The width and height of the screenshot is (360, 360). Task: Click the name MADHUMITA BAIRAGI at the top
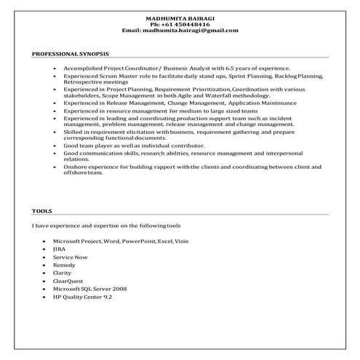180,17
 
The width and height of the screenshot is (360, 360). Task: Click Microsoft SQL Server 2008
95,289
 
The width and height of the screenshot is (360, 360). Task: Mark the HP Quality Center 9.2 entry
88,297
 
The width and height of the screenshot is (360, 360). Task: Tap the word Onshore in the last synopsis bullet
74,166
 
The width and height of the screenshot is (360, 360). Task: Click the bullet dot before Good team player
55,145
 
